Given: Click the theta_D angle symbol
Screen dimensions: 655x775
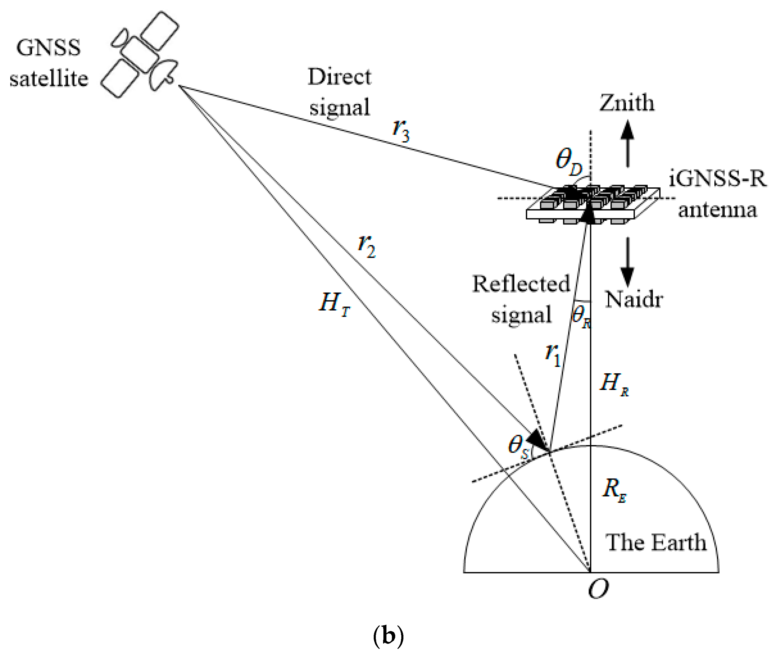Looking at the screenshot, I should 568,162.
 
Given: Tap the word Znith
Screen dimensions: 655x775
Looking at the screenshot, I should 626,103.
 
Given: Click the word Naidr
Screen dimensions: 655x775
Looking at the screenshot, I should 634,299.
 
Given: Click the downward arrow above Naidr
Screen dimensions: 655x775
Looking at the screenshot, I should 628,262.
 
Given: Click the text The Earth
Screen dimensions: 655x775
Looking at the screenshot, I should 656,542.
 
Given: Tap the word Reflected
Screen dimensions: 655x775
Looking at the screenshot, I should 521,284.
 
